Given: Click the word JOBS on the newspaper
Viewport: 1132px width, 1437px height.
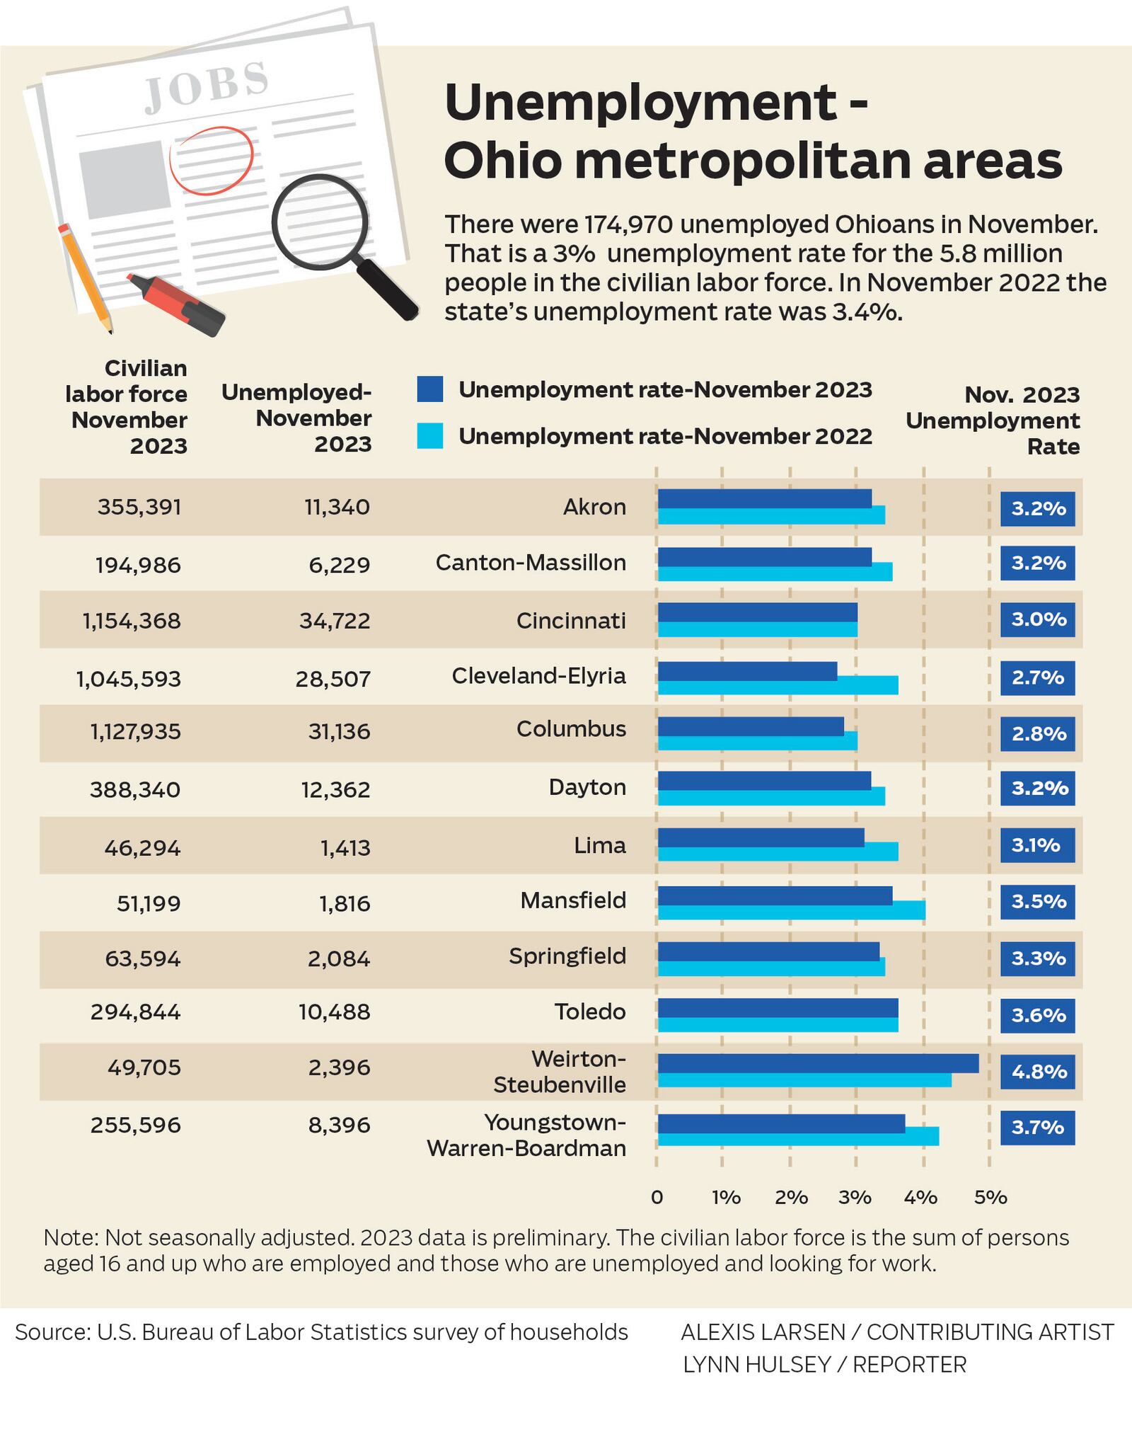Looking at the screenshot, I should (x=207, y=86).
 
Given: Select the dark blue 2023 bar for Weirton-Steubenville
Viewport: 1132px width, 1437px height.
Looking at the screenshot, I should (x=818, y=1063).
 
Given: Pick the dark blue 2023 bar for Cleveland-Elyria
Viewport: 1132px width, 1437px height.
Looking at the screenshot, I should (x=747, y=670).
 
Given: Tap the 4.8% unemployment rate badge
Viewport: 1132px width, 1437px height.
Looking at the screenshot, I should (x=1037, y=1072).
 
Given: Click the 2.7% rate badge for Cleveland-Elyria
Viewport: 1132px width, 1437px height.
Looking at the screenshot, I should (x=1037, y=678).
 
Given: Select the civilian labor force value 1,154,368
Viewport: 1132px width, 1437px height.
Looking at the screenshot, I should (x=132, y=621).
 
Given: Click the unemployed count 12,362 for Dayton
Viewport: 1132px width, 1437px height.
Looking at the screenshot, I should (x=335, y=789).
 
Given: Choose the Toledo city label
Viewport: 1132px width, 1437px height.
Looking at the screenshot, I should (x=590, y=1012).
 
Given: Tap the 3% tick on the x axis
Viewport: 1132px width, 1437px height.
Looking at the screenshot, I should (x=855, y=1198).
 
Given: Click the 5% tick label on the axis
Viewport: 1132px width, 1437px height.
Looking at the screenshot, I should (x=990, y=1198).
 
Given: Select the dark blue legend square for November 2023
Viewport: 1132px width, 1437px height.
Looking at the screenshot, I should (x=430, y=389).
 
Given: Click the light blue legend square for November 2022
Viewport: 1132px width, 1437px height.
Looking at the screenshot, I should (x=430, y=436).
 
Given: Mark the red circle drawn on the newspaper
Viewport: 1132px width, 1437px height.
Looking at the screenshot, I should (x=211, y=160).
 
